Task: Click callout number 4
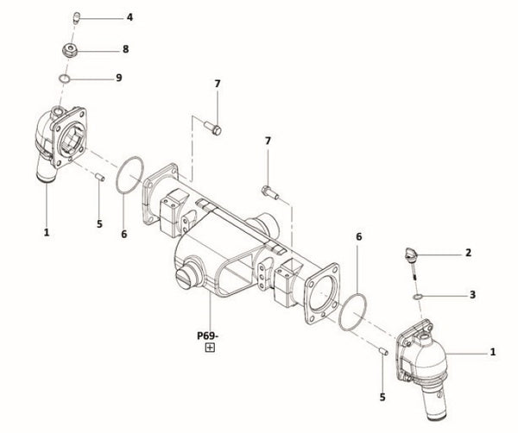tap(129, 17)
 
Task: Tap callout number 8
tap(126, 49)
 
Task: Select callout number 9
tap(119, 78)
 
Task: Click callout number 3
tap(472, 294)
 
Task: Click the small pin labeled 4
tap(75, 16)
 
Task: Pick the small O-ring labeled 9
tap(66, 79)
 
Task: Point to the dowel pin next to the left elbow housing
tap(99, 179)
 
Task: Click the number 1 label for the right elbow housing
tap(493, 352)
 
